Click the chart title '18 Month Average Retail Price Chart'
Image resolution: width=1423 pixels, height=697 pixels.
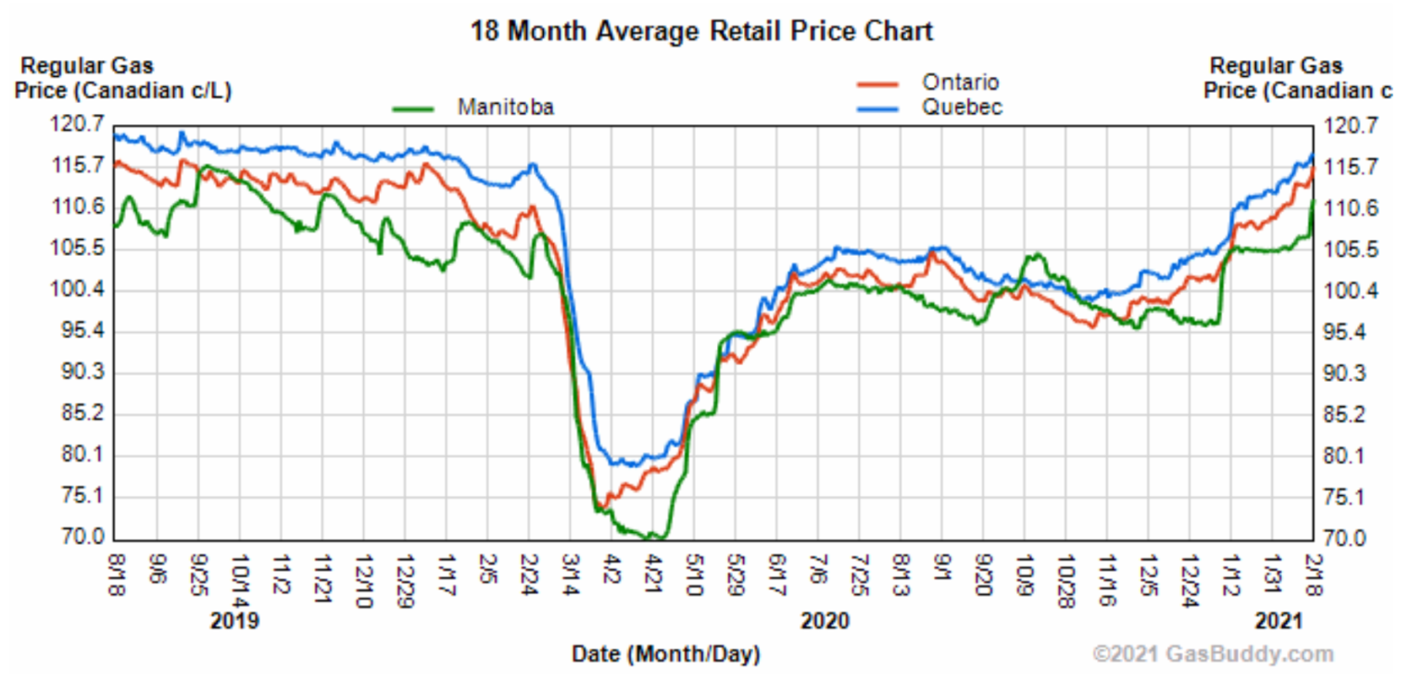tap(701, 31)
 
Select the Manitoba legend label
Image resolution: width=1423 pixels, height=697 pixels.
tap(506, 108)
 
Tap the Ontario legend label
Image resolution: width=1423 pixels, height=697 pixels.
tap(960, 82)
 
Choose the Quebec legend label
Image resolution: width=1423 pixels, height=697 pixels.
tap(961, 108)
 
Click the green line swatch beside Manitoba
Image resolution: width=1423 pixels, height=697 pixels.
tap(414, 108)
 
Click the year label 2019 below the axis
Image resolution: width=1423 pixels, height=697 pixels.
tap(234, 621)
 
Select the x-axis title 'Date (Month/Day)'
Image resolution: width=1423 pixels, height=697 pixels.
tap(665, 654)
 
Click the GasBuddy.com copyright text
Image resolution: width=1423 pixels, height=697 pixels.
tap(1213, 654)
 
